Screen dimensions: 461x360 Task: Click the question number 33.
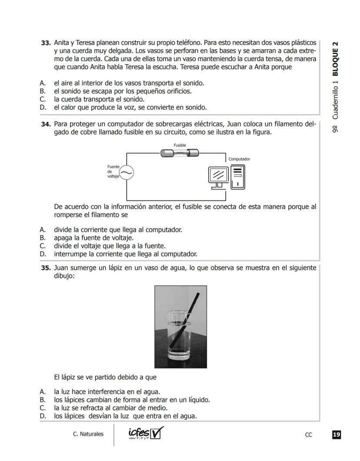[46, 43]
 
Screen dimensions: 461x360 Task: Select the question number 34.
[46, 124]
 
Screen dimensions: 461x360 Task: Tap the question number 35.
[46, 268]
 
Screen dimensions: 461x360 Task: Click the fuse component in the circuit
[180, 153]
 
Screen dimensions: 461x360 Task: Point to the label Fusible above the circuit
[180, 145]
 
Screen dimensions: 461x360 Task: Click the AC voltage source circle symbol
[127, 173]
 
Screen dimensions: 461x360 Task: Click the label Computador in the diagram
[239, 159]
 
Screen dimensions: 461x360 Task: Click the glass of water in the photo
[180, 335]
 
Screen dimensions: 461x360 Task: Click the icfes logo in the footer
[146, 433]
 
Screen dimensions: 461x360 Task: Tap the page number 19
[336, 434]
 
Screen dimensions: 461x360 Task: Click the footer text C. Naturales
[88, 434]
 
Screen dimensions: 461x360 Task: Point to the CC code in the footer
[308, 434]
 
